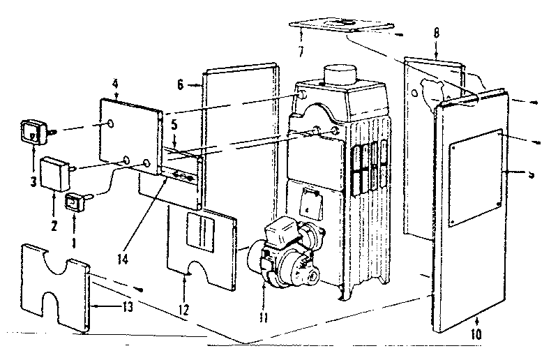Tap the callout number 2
point(54,207)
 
